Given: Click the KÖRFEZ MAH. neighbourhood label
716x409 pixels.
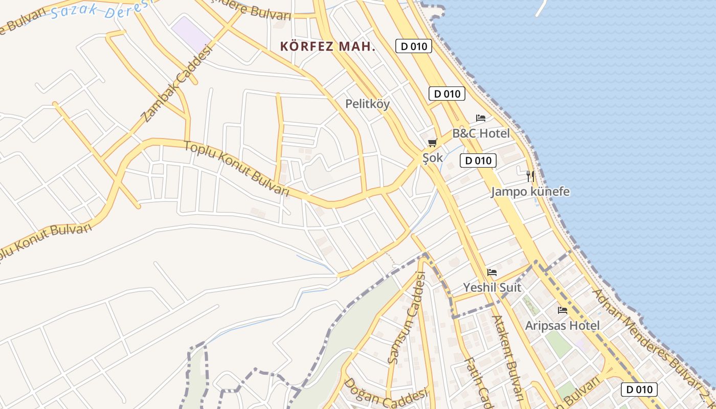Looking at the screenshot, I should [328, 47].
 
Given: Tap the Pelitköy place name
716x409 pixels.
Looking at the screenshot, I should [367, 104].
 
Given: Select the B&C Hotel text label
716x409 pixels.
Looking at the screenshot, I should [481, 133].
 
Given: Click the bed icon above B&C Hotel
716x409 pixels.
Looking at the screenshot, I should [481, 118].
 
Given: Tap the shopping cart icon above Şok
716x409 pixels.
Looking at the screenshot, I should [433, 143].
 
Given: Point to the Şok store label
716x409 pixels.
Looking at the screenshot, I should [433, 158].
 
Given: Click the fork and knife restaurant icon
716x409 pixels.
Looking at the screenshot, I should [530, 176].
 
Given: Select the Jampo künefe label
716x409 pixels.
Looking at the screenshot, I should [530, 192].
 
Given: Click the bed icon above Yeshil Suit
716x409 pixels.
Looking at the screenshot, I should [492, 272].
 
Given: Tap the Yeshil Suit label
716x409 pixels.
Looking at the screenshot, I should [492, 287].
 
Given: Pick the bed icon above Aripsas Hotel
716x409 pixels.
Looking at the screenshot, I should [563, 310].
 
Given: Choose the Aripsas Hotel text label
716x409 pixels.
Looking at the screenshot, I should [563, 326].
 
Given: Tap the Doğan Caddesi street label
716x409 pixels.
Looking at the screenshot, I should [385, 393].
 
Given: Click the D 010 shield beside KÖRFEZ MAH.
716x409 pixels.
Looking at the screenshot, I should [414, 47].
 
